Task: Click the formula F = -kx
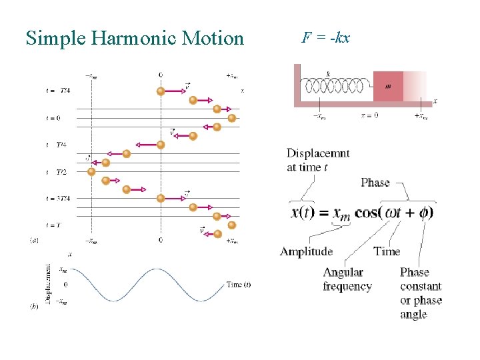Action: click(325, 37)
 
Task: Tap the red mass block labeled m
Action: click(388, 86)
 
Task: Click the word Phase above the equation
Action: click(375, 182)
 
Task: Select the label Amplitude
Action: click(306, 251)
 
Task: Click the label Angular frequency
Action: click(347, 279)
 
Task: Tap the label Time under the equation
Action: click(387, 251)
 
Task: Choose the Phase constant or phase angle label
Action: click(421, 293)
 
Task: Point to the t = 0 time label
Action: click(53, 118)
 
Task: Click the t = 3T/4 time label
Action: click(58, 198)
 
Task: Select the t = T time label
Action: click(53, 225)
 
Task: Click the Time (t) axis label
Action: click(238, 285)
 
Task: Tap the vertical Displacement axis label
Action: click(48, 284)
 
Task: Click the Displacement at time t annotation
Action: click(318, 160)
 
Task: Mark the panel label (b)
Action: click(33, 306)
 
